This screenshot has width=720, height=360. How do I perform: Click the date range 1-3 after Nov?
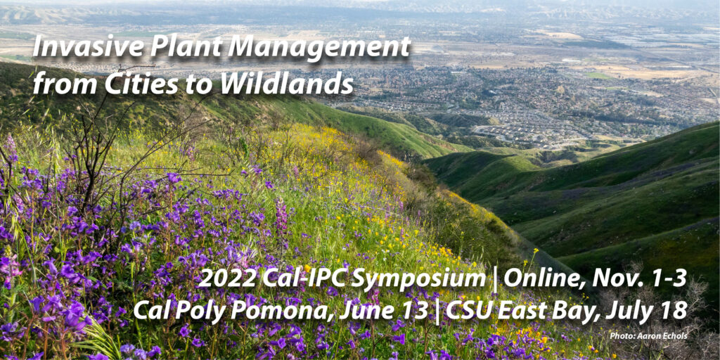pyautogui.click(x=666, y=278)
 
